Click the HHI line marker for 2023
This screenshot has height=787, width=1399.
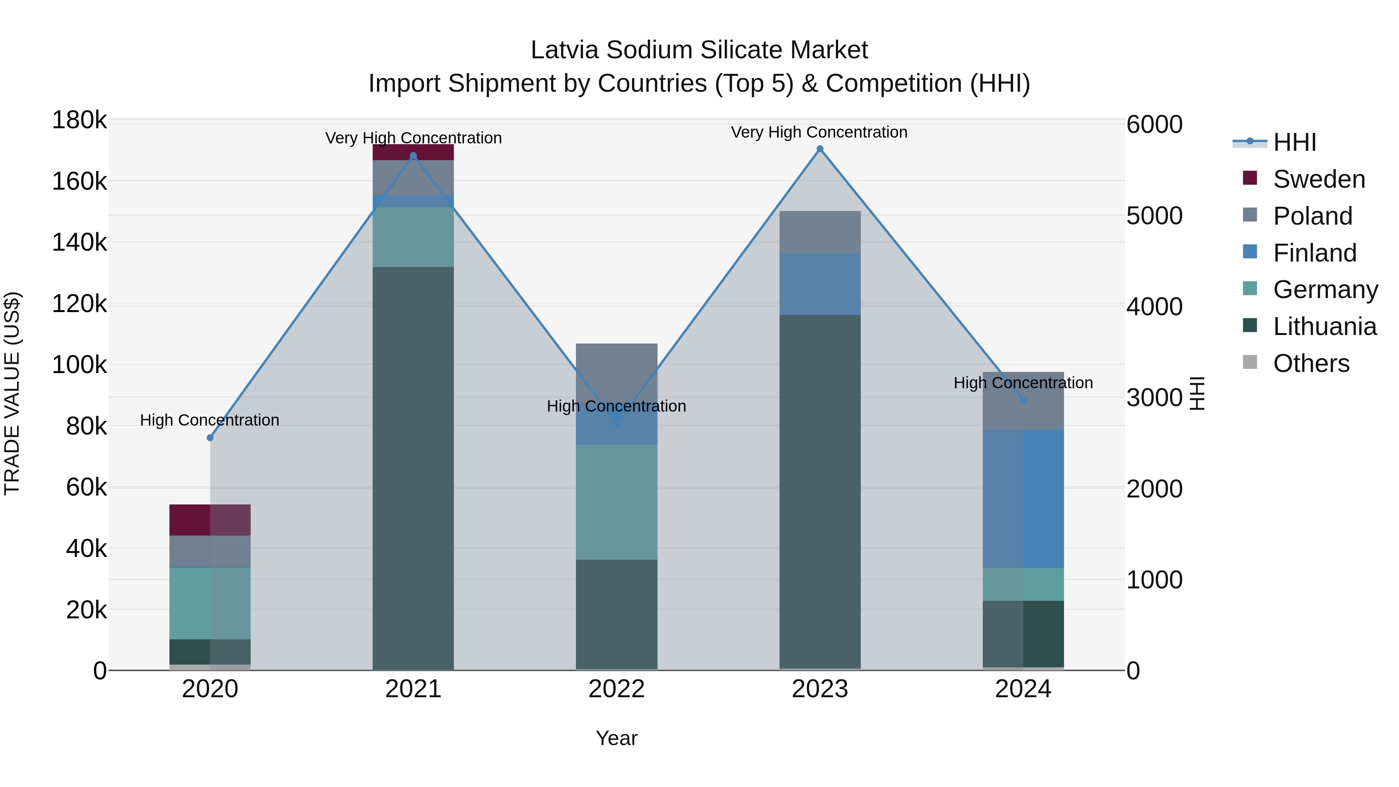pos(820,149)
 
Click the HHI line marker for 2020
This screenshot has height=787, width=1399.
pos(210,438)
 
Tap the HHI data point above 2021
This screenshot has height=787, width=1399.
pos(413,156)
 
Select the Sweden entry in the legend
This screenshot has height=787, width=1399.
pos(1318,179)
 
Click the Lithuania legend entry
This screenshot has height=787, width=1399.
pos(1324,327)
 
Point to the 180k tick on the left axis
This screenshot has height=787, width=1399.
pos(79,120)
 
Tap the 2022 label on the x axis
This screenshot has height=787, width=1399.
pos(616,689)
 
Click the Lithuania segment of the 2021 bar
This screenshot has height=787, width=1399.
pos(413,467)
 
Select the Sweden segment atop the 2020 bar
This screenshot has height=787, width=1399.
pos(210,520)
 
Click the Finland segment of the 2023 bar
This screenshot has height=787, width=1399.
pos(820,284)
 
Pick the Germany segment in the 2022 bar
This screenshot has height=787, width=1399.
pos(616,503)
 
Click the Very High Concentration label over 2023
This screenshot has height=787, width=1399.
pos(819,132)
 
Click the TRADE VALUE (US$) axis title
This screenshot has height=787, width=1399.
pos(12,393)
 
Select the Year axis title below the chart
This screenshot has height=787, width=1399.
pos(616,738)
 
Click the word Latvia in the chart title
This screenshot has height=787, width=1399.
pos(565,50)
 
